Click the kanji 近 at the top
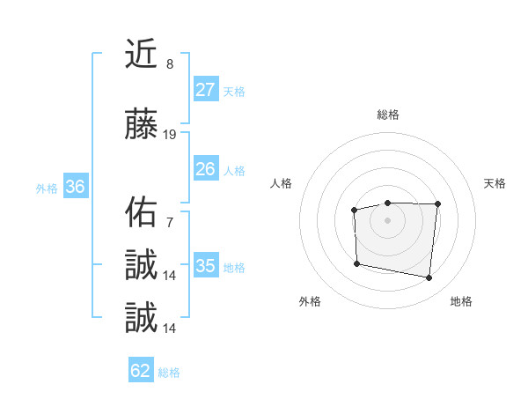click(141, 55)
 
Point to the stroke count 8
click(169, 64)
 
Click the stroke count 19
click(170, 135)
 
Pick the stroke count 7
click(169, 223)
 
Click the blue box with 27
click(206, 90)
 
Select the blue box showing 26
click(206, 169)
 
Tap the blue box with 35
click(206, 266)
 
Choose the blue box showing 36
click(76, 187)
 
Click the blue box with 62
click(141, 371)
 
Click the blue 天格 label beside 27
click(234, 92)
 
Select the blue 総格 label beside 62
click(169, 373)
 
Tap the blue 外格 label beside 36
click(47, 189)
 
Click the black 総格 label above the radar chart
click(388, 115)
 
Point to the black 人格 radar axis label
click(282, 183)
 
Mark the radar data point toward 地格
click(429, 278)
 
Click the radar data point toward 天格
click(437, 204)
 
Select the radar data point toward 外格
click(356, 263)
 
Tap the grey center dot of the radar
click(388, 219)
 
